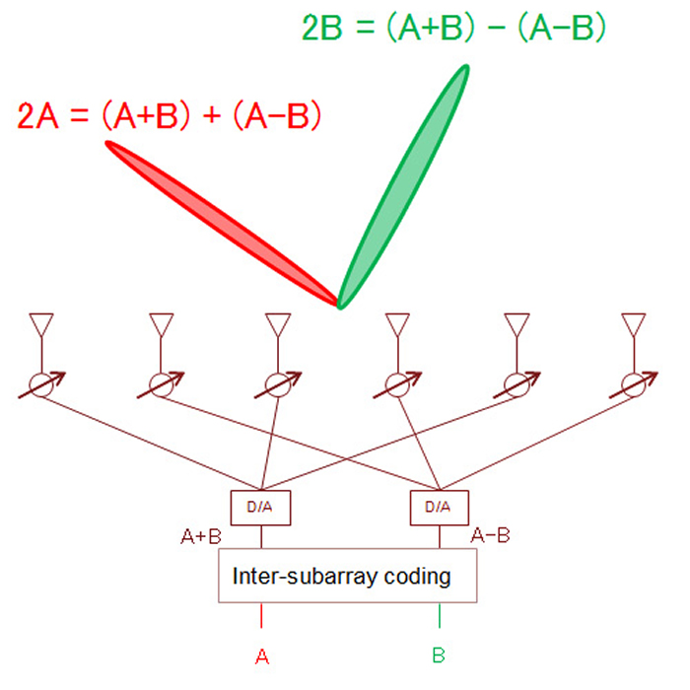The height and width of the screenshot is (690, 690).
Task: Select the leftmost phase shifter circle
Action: tap(40, 385)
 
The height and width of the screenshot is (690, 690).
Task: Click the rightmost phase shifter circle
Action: tap(633, 385)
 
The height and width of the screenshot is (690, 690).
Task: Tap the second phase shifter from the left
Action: tap(160, 385)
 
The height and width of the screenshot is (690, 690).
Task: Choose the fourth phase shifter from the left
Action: tap(397, 385)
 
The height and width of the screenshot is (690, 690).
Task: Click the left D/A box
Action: tap(260, 508)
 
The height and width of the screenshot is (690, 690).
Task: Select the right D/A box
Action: tap(438, 508)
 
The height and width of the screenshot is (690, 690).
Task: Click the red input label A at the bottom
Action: tap(261, 655)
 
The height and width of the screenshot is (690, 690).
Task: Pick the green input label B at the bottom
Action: tap(439, 655)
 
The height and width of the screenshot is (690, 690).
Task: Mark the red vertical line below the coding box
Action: tap(261, 615)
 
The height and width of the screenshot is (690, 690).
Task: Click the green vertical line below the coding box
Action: tap(439, 615)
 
